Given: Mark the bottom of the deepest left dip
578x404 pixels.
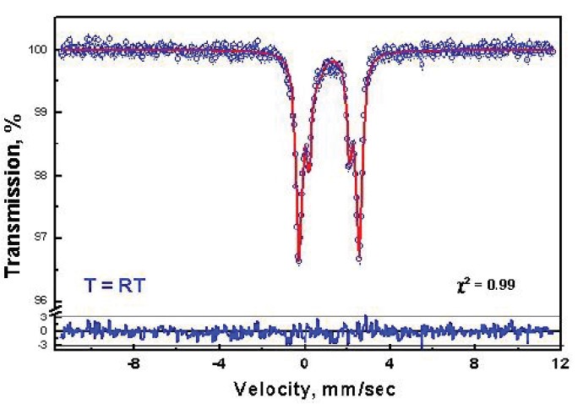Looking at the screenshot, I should coord(298,260).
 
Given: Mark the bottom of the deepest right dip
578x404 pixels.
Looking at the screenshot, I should coord(359,259).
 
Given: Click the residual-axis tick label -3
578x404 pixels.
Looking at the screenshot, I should coord(41,345).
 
